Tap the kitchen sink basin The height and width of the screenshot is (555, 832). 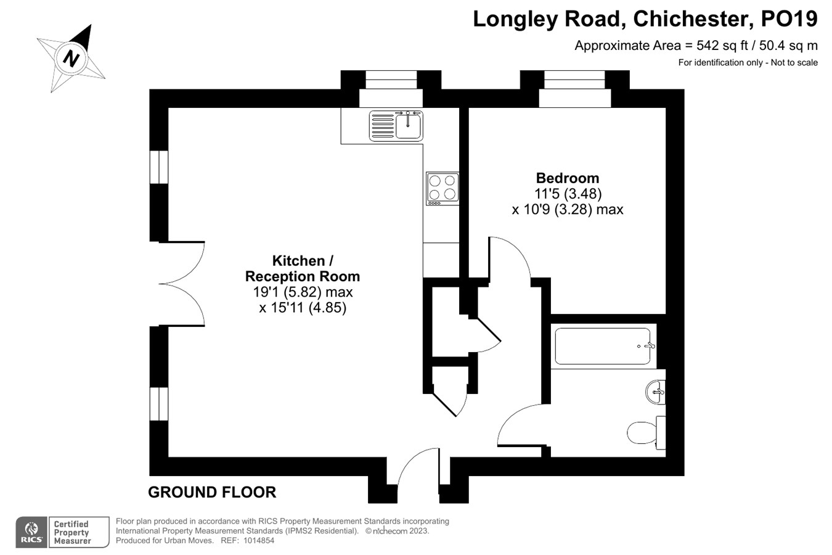(408, 126)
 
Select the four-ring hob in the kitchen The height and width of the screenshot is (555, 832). (442, 188)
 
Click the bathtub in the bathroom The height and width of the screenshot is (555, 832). (603, 346)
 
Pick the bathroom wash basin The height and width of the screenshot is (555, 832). (656, 392)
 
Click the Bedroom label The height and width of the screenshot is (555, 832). (567, 178)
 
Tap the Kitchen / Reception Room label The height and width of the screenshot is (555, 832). (302, 268)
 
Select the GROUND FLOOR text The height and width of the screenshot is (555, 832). (212, 492)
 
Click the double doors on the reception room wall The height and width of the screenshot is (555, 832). (182, 284)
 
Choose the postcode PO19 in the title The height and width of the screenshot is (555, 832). (789, 19)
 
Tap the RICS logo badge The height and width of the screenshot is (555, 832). (31, 532)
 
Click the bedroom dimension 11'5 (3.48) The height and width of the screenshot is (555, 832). (568, 194)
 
